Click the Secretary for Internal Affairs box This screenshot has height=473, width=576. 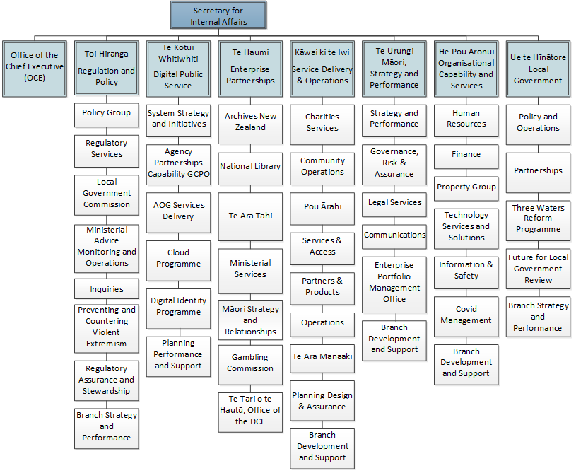click(x=218, y=15)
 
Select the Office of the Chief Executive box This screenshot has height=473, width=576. click(x=35, y=69)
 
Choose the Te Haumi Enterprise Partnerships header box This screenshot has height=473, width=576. click(x=250, y=69)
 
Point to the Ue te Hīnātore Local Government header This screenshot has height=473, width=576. click(x=538, y=69)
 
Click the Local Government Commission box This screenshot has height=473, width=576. click(x=107, y=195)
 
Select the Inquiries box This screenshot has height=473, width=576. click(x=107, y=289)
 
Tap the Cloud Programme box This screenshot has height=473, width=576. click(x=179, y=261)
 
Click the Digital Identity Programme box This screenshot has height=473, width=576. click(x=179, y=309)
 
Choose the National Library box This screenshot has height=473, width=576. click(x=250, y=169)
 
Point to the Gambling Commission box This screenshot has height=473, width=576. click(x=250, y=365)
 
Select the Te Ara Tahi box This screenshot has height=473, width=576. click(x=250, y=217)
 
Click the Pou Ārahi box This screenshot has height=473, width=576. click(x=322, y=209)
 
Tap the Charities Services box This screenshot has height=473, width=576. click(x=322, y=124)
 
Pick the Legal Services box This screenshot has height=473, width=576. click(x=394, y=205)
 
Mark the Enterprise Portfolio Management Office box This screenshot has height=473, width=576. click(x=394, y=285)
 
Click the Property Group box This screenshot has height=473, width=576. click(x=466, y=189)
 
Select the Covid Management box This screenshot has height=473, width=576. click(x=466, y=317)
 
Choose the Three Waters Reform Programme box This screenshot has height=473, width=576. click(x=538, y=221)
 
